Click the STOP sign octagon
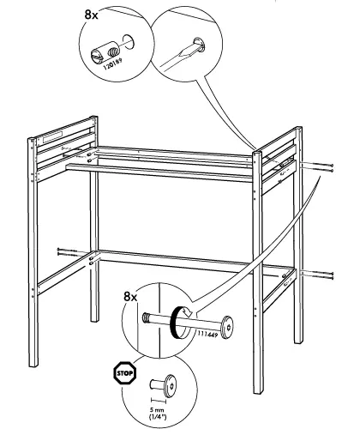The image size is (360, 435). (x=125, y=373)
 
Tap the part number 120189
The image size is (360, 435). (x=112, y=64)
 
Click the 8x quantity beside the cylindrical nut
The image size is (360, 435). (x=91, y=15)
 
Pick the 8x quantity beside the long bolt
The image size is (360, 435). (x=130, y=297)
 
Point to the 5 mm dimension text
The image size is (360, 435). (x=157, y=410)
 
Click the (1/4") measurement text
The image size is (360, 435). (x=158, y=417)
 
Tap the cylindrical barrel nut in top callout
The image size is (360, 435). (x=105, y=51)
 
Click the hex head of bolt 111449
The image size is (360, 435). (x=227, y=327)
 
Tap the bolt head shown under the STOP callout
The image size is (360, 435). (x=170, y=385)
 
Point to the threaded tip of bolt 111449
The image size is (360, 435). (x=146, y=317)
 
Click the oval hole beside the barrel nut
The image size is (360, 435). (x=129, y=42)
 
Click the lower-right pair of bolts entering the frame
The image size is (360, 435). (x=317, y=275)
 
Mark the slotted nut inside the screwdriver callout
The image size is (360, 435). (x=199, y=45)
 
